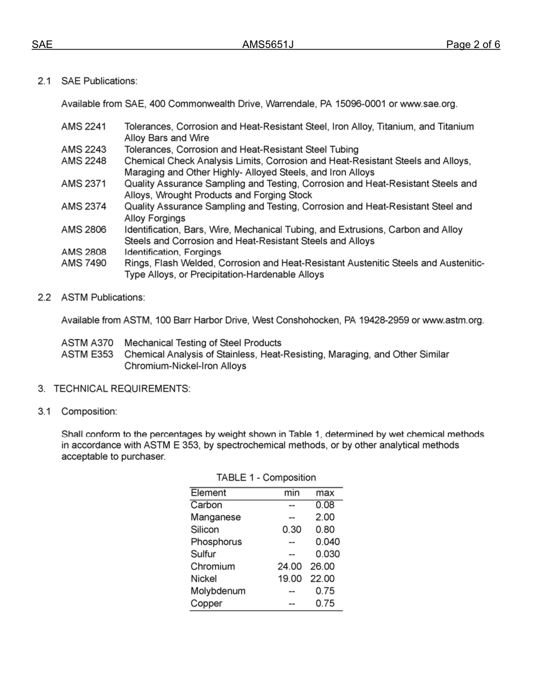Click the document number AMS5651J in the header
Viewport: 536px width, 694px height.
[268, 45]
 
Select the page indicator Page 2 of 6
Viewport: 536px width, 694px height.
[473, 45]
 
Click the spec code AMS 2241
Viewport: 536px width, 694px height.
[84, 127]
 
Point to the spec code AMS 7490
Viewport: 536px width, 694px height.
[84, 263]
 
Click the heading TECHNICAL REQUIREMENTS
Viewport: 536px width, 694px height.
[122, 389]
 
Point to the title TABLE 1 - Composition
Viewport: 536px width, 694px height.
[266, 478]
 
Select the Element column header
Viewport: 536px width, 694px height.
[208, 493]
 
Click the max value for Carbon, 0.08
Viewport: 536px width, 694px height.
[325, 505]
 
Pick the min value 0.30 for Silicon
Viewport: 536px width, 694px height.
[292, 530]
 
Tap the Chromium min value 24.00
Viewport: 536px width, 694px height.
[290, 566]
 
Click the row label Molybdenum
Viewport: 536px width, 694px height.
[218, 591]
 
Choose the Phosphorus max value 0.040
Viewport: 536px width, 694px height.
[327, 542]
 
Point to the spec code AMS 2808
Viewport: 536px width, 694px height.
[84, 252]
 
